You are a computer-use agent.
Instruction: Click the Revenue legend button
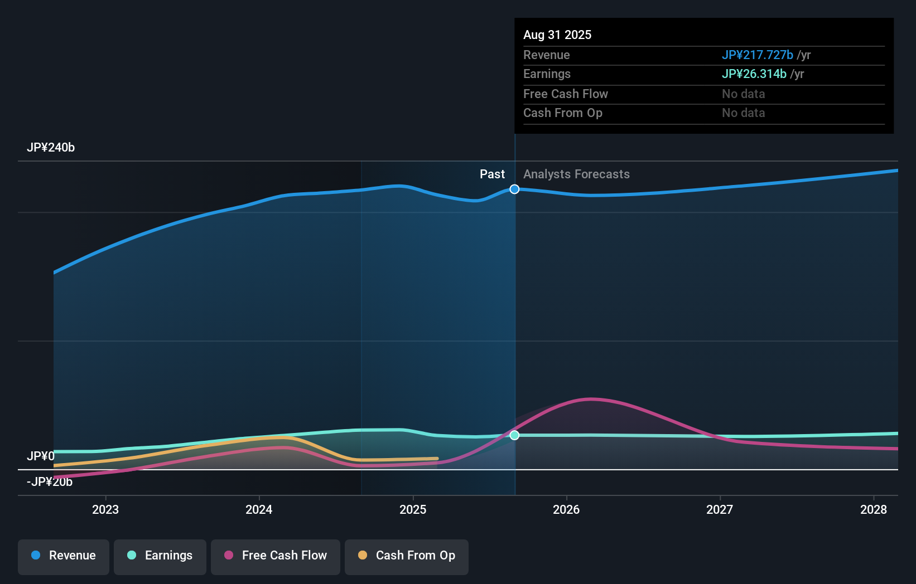pos(64,556)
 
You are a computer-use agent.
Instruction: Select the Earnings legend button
pos(160,556)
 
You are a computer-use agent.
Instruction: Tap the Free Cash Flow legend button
pos(276,556)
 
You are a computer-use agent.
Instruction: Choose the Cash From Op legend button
pos(407,556)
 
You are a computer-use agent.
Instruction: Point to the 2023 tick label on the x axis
pos(105,509)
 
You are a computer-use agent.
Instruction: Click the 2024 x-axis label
pos(259,509)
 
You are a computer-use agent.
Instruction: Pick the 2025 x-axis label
pos(413,509)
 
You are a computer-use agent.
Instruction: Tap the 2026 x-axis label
pos(566,509)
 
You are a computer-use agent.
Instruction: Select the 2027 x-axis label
pos(720,509)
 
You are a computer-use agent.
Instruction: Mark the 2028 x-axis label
pos(874,509)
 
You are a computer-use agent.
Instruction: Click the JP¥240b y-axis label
pos(51,148)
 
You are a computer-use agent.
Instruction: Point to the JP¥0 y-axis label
pos(41,456)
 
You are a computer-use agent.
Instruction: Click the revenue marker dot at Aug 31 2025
pos(514,189)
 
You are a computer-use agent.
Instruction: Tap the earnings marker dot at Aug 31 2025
pos(514,435)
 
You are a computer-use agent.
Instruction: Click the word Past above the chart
pos(492,174)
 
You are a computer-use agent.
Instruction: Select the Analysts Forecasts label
pos(576,174)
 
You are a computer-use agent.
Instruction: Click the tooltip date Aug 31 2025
pos(557,35)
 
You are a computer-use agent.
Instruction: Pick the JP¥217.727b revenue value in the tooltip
pos(757,55)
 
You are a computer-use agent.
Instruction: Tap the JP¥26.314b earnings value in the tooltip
pos(754,74)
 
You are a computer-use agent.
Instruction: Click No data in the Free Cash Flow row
pos(743,94)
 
